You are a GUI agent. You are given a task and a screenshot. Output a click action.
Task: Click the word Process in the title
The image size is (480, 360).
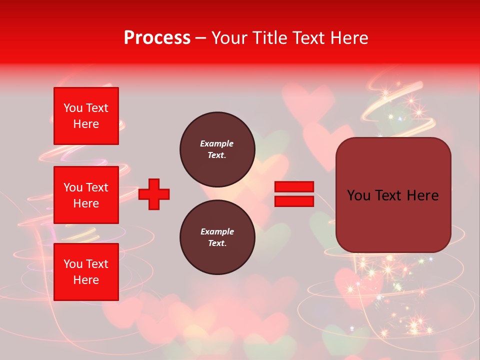click(157, 38)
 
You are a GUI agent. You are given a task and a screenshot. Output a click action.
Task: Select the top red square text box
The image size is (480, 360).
click(86, 116)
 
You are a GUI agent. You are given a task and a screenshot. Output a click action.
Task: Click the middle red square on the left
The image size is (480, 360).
click(86, 195)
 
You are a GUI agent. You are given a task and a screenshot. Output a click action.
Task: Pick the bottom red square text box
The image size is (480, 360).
click(86, 272)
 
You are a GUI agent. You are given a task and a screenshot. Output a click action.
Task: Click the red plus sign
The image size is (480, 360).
click(154, 194)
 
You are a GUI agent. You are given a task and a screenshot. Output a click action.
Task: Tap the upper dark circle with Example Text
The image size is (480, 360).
click(217, 149)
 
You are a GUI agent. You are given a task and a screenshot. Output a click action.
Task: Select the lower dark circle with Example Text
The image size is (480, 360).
click(217, 237)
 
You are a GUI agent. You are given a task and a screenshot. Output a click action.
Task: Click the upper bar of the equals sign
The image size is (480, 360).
click(294, 186)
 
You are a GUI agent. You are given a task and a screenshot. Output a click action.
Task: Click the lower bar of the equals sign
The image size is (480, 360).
click(294, 201)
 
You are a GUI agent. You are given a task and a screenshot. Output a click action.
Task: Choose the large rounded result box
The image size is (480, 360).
click(393, 220)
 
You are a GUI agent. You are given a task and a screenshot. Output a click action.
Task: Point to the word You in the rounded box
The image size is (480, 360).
click(358, 195)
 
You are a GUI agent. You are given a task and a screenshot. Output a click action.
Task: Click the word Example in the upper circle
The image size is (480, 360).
click(216, 143)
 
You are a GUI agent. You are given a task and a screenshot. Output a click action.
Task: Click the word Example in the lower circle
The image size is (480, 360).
click(217, 231)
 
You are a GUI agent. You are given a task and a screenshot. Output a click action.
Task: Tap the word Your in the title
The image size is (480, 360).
click(230, 38)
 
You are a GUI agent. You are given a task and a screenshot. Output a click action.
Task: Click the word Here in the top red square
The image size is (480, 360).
click(86, 124)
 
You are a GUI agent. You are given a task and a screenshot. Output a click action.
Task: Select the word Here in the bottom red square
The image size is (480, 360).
click(86, 280)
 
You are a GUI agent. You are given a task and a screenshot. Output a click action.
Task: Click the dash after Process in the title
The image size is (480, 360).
click(201, 38)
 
